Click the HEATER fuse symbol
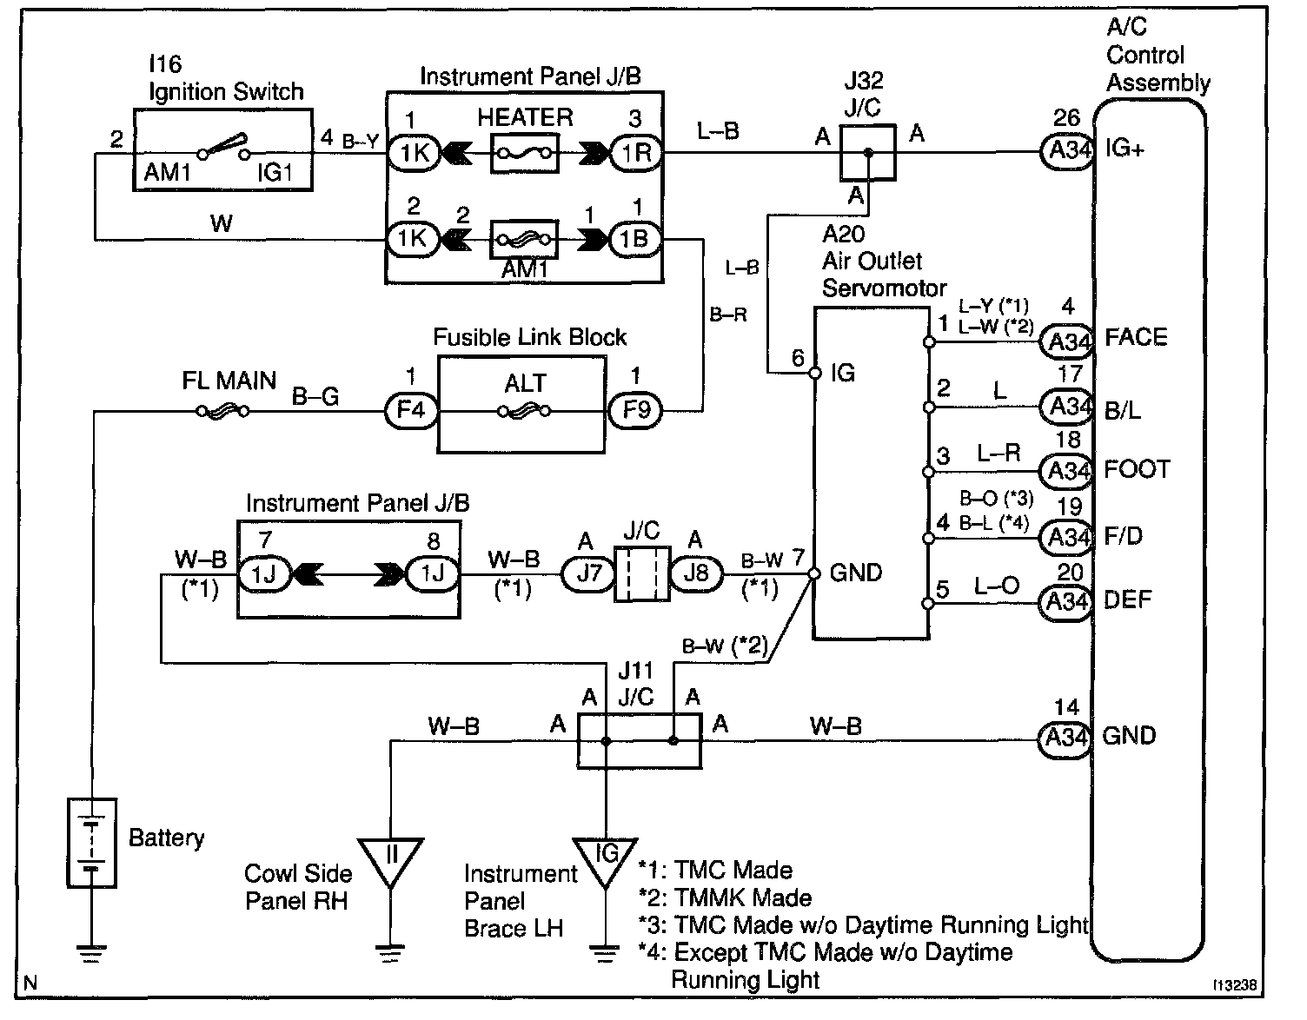(525, 154)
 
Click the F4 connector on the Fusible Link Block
(410, 408)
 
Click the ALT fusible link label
(525, 383)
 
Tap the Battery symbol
(91, 842)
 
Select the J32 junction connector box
(867, 153)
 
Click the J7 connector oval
(588, 573)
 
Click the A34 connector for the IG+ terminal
(1067, 151)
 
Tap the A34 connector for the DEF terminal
(1065, 601)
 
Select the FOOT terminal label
(1137, 470)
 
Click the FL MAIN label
(229, 381)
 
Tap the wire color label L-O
(997, 586)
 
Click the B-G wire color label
(315, 397)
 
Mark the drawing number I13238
(1237, 986)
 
